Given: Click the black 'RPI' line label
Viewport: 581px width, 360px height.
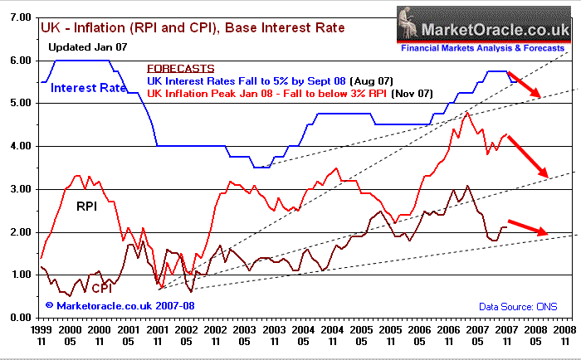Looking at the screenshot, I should pyautogui.click(x=87, y=205).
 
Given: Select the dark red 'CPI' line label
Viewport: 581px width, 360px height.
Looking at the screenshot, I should pyautogui.click(x=102, y=288).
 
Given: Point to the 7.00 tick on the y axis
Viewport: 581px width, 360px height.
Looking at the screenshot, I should pyautogui.click(x=19, y=17).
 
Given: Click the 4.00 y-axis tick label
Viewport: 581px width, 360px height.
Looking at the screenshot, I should pyautogui.click(x=19, y=146).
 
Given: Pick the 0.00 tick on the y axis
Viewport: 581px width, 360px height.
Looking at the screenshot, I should pyautogui.click(x=19, y=318).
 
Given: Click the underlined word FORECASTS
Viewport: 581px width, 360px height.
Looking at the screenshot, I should pyautogui.click(x=180, y=69).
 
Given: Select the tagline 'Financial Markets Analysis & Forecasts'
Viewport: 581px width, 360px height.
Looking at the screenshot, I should pyautogui.click(x=483, y=48).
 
